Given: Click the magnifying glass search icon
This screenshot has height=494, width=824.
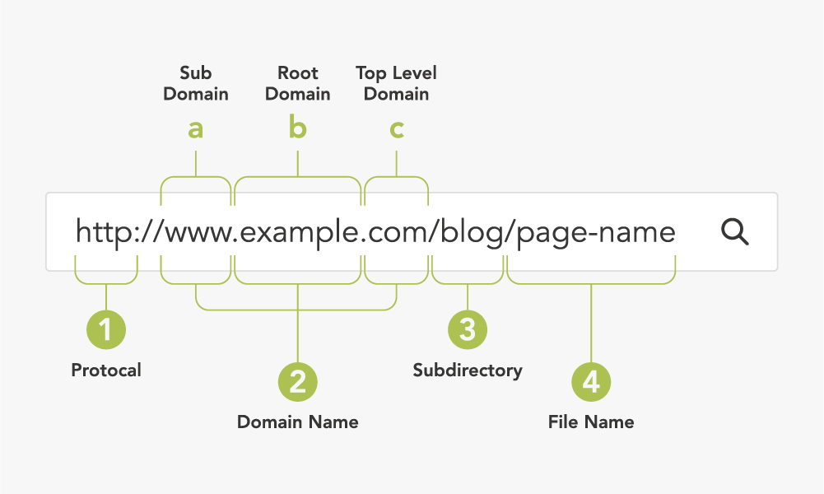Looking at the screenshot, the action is click(734, 231).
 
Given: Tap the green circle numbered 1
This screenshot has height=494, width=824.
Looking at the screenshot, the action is click(106, 329).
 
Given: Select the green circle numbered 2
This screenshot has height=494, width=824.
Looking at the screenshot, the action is click(297, 381).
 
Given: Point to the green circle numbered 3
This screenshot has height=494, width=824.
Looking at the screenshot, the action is click(468, 329).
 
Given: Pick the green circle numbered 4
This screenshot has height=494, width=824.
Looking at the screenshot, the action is click(591, 381).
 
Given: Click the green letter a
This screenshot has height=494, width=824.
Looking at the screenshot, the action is click(195, 128).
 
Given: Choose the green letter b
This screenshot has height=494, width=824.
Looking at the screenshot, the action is click(297, 128).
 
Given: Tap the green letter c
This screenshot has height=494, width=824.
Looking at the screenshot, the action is click(397, 129).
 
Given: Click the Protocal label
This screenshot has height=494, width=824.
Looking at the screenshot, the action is click(106, 370).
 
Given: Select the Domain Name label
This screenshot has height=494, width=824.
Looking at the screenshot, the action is click(297, 422).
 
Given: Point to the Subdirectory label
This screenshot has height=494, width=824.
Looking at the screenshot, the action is click(468, 370).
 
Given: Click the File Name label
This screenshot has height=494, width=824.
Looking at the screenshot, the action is click(591, 422).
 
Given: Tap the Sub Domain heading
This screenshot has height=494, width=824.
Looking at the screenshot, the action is click(195, 83).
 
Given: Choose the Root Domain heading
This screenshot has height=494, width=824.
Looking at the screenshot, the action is click(297, 83).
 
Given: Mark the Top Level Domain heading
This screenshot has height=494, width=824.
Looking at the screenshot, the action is click(396, 83).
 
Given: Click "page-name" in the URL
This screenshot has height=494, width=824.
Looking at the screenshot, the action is click(596, 235).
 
